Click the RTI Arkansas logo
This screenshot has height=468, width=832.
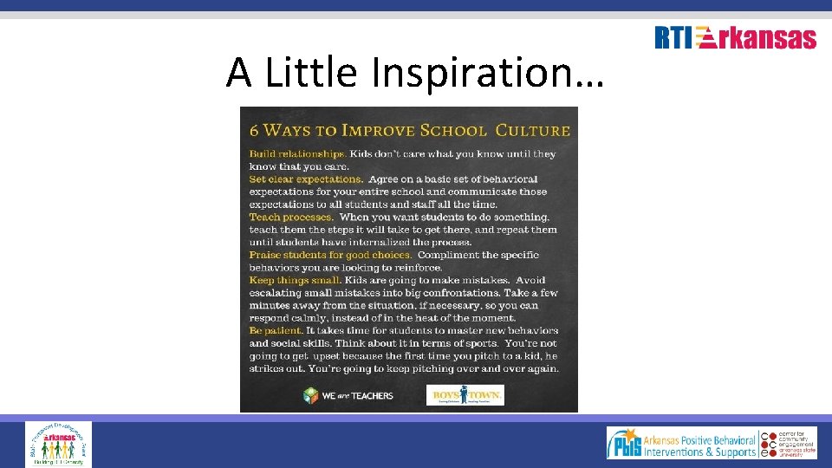pyautogui.click(x=735, y=38)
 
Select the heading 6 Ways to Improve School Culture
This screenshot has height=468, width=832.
pyautogui.click(x=409, y=131)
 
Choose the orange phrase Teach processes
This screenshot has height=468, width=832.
pyautogui.click(x=290, y=217)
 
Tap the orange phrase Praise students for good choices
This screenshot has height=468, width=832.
pyautogui.click(x=330, y=255)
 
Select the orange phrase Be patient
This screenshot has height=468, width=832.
pyautogui.click(x=276, y=331)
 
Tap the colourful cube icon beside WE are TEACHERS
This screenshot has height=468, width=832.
pyautogui.click(x=311, y=395)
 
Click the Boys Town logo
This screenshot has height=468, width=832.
pyautogui.click(x=468, y=395)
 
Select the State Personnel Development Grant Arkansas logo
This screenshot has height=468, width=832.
pyautogui.click(x=58, y=444)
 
